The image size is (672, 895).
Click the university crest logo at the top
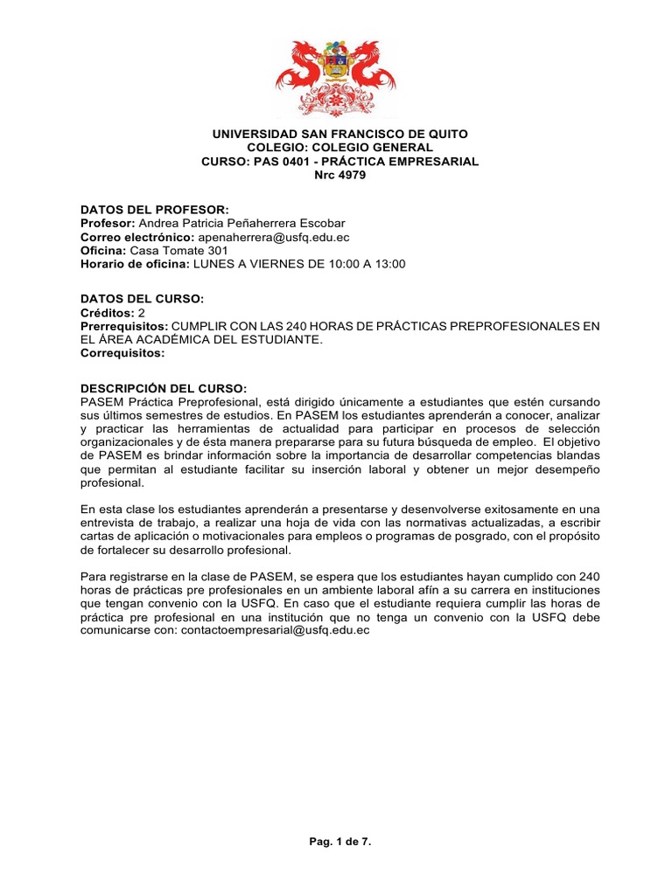336,79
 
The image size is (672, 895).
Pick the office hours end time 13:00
390,264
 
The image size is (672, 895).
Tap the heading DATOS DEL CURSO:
142,299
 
